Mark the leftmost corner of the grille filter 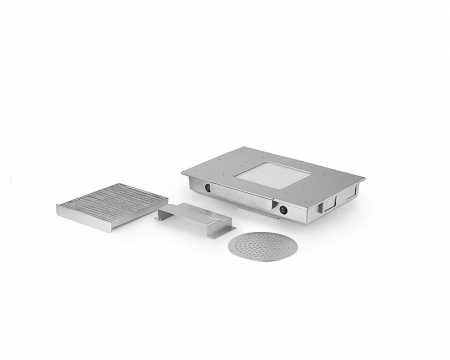point(58,208)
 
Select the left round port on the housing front point(209,187)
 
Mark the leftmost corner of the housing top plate point(184,173)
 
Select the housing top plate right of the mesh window point(330,180)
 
